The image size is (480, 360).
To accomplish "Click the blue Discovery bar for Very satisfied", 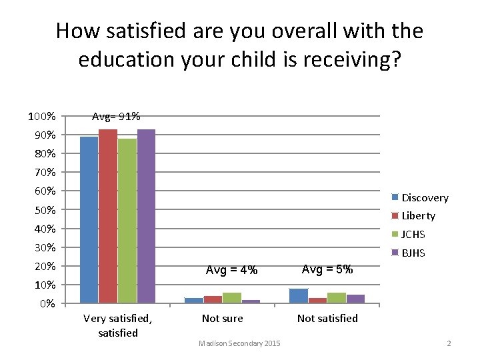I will click(x=89, y=220).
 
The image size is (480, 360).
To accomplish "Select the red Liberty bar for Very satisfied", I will click(x=108, y=216).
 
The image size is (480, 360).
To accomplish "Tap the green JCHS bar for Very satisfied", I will click(x=127, y=221).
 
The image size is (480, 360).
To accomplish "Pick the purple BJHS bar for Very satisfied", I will click(x=146, y=216).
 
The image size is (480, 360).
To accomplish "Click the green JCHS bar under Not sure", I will click(x=231, y=298).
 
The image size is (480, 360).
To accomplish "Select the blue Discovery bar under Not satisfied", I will click(x=299, y=296).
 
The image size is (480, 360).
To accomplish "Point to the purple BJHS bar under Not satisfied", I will click(x=355, y=299).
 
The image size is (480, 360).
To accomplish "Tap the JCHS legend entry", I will click(x=413, y=235).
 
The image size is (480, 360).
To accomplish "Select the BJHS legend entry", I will click(x=413, y=253).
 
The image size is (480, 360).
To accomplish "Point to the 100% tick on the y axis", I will click(x=41, y=117).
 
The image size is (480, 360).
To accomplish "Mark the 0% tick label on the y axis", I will click(x=47, y=304).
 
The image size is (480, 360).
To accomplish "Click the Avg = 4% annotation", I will click(x=231, y=270).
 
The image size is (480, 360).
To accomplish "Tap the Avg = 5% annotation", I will click(x=327, y=269).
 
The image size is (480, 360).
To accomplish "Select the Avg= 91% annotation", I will click(x=116, y=117).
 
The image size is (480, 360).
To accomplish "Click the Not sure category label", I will click(x=222, y=319).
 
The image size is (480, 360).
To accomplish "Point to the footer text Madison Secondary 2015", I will click(x=239, y=343).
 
